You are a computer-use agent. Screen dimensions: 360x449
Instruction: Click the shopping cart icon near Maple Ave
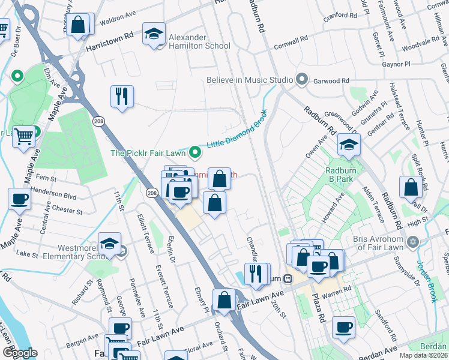coord(23,136)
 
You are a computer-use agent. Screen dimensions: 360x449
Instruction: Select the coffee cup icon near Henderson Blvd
coord(19,199)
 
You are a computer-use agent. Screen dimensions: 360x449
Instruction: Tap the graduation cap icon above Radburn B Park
coord(348,145)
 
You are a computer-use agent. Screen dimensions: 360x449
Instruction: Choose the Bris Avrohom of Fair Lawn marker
coord(412,242)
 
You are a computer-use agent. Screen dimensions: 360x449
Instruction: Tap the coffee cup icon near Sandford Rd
coord(343,328)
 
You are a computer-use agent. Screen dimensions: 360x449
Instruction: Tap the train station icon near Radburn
coord(288,278)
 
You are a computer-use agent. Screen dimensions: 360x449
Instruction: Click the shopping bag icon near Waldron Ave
coord(79,25)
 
